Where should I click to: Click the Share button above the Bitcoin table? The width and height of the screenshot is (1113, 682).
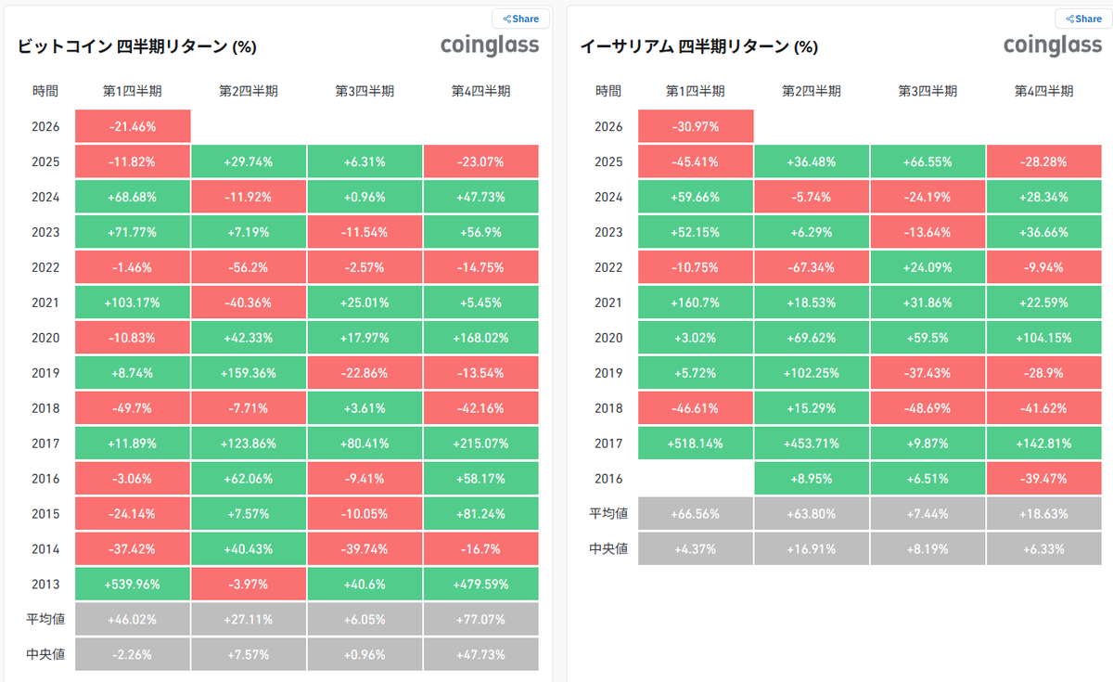tap(520, 19)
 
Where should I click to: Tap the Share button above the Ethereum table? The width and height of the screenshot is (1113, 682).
tap(1083, 19)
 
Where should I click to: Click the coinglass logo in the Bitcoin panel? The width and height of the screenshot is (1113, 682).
tap(489, 45)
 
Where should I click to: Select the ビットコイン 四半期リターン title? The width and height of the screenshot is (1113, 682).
tap(137, 46)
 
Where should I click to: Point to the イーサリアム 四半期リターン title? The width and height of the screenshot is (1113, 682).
tap(699, 46)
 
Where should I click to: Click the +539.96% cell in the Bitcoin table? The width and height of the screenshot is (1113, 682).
tap(133, 585)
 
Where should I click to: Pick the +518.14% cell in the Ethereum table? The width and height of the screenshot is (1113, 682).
tap(696, 444)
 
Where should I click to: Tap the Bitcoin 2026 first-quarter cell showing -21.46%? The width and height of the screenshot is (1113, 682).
tap(133, 126)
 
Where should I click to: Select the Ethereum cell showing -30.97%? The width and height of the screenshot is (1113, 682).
tap(696, 126)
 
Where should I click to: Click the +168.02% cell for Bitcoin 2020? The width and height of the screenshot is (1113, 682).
tap(480, 338)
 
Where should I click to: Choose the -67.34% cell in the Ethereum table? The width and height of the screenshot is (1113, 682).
tap(812, 267)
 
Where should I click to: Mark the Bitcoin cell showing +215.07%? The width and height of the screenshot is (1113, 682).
tap(480, 444)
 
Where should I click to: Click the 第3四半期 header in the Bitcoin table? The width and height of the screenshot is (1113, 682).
tap(365, 91)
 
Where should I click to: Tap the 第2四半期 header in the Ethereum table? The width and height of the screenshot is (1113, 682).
tap(812, 91)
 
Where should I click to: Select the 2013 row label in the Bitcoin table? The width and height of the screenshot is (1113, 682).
tap(45, 585)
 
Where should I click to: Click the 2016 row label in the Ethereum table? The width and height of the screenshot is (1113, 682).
tap(608, 479)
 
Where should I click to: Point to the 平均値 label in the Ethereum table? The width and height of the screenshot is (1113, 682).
tap(608, 514)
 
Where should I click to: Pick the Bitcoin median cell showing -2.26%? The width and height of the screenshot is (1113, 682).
tap(133, 655)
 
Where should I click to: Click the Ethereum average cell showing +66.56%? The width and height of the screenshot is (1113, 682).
tap(696, 514)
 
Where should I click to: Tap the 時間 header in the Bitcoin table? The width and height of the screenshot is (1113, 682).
tap(45, 91)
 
